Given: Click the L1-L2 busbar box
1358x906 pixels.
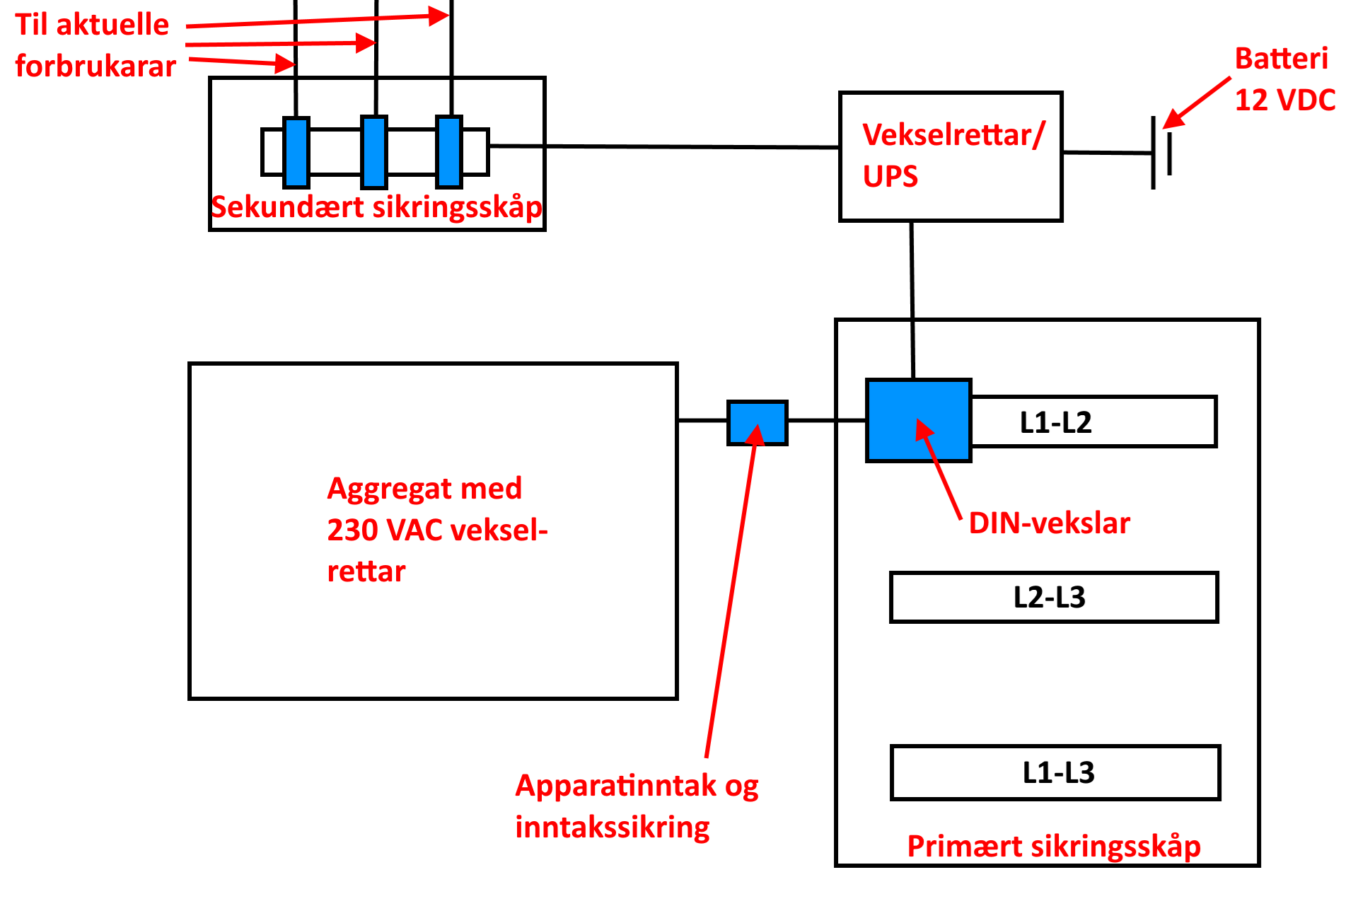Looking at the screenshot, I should pos(1093,422).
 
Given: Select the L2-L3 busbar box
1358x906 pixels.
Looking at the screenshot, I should pos(1054,598).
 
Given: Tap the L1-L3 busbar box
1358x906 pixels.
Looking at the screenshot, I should pos(1055,772).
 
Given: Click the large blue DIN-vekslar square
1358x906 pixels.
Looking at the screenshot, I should pos(918,421).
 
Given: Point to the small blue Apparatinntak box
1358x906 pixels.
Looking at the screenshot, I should pos(757,423).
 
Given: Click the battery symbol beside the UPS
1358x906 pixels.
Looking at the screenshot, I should pos(1161,153).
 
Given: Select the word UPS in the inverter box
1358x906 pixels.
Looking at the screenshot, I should pos(890,176).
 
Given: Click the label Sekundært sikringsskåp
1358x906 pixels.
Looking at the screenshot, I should pos(377,207).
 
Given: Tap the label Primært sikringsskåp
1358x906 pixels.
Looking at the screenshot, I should pos(1054,847).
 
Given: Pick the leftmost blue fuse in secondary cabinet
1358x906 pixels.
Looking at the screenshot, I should pos(296,152).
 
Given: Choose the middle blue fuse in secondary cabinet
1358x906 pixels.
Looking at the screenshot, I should pos(374,152).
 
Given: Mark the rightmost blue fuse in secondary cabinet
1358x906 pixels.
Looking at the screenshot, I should pos(448,151).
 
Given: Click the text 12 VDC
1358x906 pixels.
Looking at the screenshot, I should pos(1284,100).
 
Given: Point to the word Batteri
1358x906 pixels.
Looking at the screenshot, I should pos(1281,59).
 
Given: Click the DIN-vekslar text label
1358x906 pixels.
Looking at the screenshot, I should pos(1049,523).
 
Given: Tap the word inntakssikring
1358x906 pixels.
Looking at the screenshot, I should pos(613,827).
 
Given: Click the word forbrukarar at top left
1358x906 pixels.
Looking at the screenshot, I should pos(95,66).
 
